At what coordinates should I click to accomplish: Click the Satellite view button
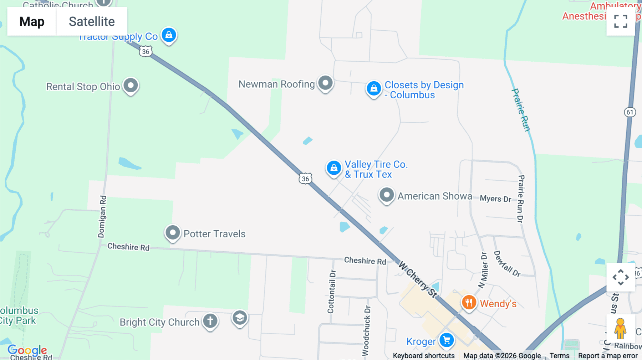[92, 21]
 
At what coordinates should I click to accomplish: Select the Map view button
[32, 21]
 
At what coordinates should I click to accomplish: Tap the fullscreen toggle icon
[621, 21]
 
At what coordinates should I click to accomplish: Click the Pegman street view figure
[620, 328]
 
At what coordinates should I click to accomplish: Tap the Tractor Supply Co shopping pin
[169, 35]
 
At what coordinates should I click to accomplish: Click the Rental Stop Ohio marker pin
[131, 86]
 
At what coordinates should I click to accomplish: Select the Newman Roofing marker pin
[325, 83]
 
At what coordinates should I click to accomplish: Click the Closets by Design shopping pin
[373, 88]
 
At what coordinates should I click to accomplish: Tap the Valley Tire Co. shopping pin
[334, 168]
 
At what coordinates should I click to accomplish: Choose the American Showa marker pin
[386, 195]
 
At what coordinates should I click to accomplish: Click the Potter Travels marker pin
[173, 233]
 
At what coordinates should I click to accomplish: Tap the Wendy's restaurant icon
[469, 303]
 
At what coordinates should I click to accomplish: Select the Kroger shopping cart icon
[447, 340]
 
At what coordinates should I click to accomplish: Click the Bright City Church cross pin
[210, 321]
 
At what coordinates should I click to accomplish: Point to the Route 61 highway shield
[630, 112]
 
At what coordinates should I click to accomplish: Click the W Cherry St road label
[418, 279]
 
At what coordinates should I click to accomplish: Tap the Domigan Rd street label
[102, 216]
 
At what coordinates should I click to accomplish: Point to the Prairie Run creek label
[521, 110]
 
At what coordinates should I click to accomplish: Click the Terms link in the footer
[559, 356]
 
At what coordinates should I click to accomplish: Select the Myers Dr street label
[495, 199]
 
